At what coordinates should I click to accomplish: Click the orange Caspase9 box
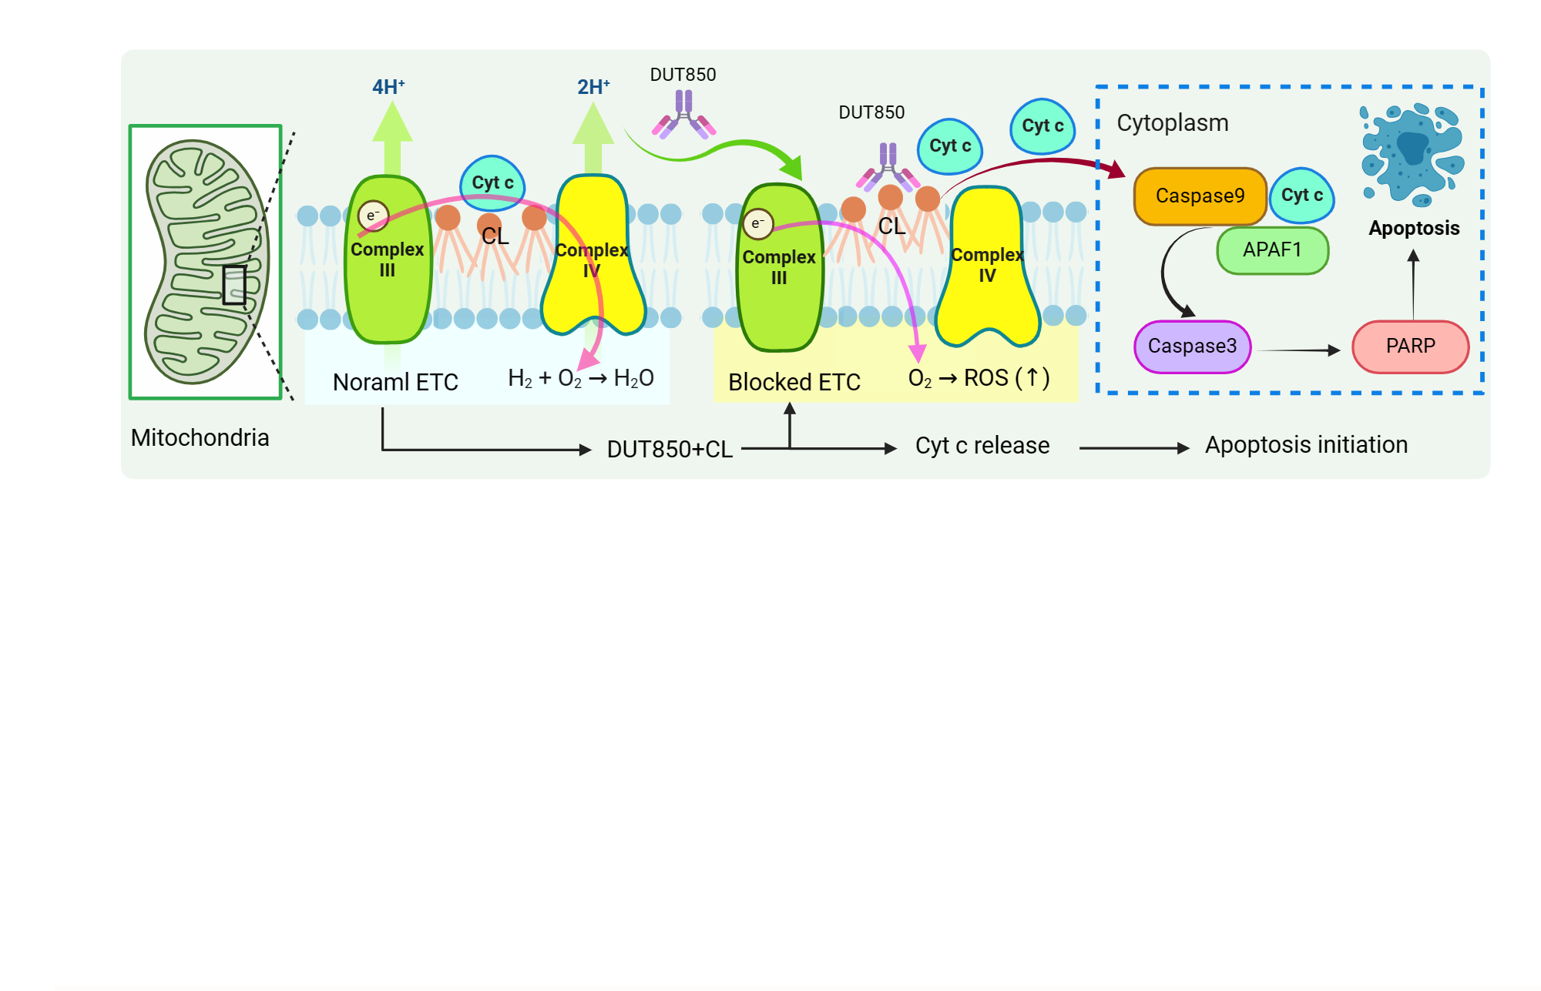1199,196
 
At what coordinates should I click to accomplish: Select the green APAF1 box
1272,250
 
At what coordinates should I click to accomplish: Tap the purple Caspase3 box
1192,347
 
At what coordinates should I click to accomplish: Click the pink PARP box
1410,347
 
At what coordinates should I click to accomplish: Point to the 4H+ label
388,87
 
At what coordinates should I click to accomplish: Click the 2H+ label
593,87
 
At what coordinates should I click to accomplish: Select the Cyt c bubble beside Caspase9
1301,196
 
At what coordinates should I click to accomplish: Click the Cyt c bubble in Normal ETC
492,183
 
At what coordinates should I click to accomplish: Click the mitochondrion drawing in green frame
206,262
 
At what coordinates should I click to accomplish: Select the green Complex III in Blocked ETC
779,267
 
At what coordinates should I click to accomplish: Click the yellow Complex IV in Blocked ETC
987,266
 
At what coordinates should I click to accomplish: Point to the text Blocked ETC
794,382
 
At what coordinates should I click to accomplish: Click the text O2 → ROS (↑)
978,378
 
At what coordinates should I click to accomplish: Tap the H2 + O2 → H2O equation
580,378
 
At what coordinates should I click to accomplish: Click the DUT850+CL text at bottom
669,449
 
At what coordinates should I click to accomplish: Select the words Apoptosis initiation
1305,445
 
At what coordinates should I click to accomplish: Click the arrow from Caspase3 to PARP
1299,350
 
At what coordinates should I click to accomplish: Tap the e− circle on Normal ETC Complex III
373,216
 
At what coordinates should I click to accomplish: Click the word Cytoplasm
1172,123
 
